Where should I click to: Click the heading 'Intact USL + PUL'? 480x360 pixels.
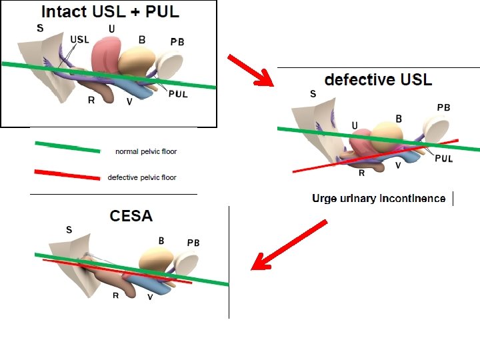[110, 11]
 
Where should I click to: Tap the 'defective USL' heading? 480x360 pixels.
[378, 79]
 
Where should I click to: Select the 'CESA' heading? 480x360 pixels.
[131, 215]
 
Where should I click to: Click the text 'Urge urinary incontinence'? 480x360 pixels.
[379, 199]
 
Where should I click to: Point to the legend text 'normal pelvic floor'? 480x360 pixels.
[146, 151]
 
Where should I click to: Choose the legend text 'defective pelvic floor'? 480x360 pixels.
[142, 177]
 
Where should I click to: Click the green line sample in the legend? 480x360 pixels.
[67, 147]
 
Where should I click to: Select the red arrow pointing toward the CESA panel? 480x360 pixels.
[288, 245]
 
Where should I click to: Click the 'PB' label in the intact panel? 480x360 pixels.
[177, 42]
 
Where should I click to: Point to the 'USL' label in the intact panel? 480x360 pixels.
[79, 39]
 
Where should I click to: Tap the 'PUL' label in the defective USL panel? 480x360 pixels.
[444, 158]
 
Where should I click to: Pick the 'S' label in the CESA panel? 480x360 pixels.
[69, 230]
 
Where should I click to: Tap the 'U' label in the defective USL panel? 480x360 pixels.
[354, 125]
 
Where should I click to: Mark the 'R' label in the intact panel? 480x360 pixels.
[91, 100]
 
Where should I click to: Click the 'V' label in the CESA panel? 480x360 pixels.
[150, 297]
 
